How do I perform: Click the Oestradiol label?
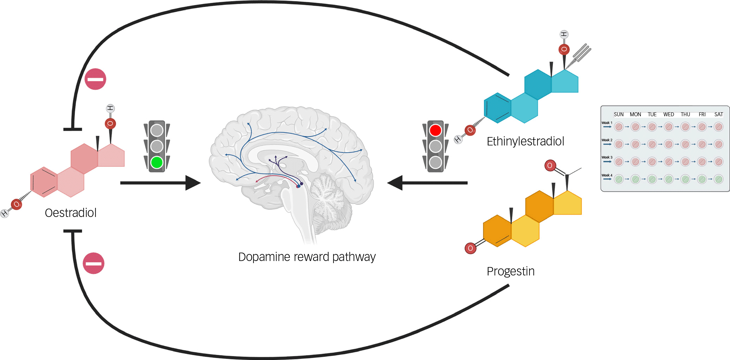[x=70, y=213]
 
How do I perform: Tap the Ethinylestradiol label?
[x=525, y=141]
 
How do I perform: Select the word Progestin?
[x=510, y=271]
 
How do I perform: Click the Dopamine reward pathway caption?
[x=307, y=257]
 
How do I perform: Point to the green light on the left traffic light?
[x=157, y=162]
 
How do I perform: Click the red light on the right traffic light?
[x=435, y=130]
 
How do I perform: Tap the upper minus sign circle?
[x=95, y=79]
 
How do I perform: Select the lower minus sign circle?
[x=93, y=263]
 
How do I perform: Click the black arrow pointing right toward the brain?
[x=160, y=183]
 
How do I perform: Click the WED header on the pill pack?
[x=668, y=114]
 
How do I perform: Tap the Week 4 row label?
[x=607, y=175]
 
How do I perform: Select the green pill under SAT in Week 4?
[x=718, y=179]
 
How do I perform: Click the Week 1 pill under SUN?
[x=619, y=127]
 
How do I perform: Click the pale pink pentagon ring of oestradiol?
[x=111, y=155]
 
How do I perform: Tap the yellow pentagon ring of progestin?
[x=567, y=203]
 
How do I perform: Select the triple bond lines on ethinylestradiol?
[x=582, y=52]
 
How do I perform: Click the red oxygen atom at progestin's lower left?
[x=470, y=248]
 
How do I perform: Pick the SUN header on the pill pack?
[x=619, y=114]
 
